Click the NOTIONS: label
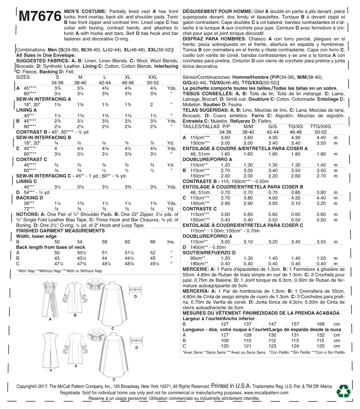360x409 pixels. coord(28,214)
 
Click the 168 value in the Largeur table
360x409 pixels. coord(320,324)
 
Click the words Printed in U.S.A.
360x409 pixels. coord(231,386)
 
